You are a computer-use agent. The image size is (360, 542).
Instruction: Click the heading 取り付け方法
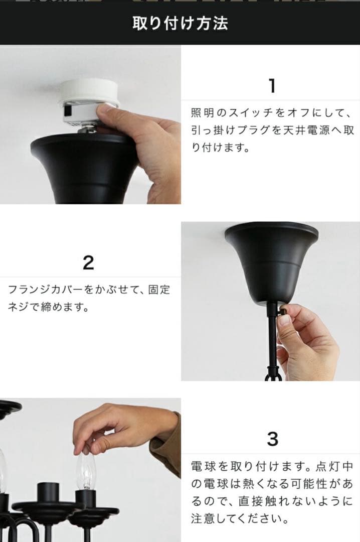(180, 23)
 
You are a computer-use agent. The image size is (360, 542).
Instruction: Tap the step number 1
(272, 86)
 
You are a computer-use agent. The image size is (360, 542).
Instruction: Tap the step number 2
(88, 262)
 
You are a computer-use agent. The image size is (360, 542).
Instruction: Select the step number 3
(272, 439)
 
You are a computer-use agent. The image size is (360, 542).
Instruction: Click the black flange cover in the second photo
(271, 261)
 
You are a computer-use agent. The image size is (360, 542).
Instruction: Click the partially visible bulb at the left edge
(3, 472)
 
